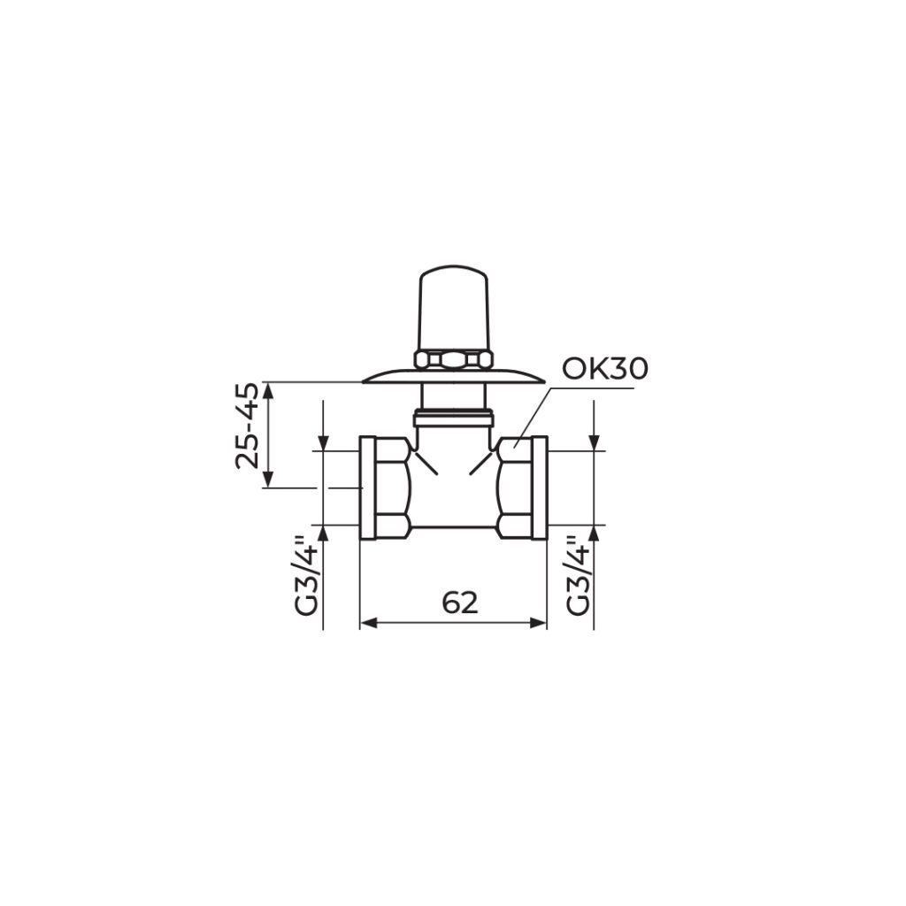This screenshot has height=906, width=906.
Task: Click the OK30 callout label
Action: [605, 369]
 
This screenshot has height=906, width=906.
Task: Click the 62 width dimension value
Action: [460, 603]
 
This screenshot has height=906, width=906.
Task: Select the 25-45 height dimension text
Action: [247, 426]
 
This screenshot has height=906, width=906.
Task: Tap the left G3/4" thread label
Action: [307, 575]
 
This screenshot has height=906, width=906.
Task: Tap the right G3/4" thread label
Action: [578, 575]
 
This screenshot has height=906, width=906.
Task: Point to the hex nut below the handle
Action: [454, 360]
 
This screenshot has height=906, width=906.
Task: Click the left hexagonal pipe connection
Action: [386, 488]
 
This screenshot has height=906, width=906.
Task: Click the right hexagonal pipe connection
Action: [522, 488]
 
